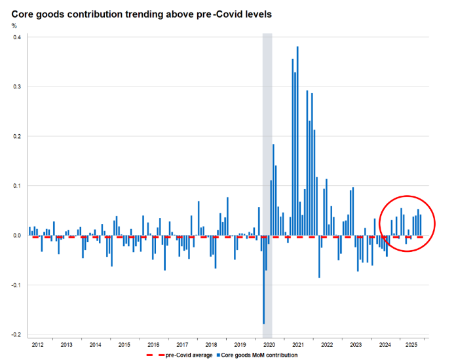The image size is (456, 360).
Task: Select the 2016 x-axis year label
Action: point(153,344)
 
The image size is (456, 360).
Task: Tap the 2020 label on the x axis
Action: point(269,344)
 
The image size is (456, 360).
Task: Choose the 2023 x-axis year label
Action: point(356,344)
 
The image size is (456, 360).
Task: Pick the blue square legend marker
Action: point(226,355)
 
